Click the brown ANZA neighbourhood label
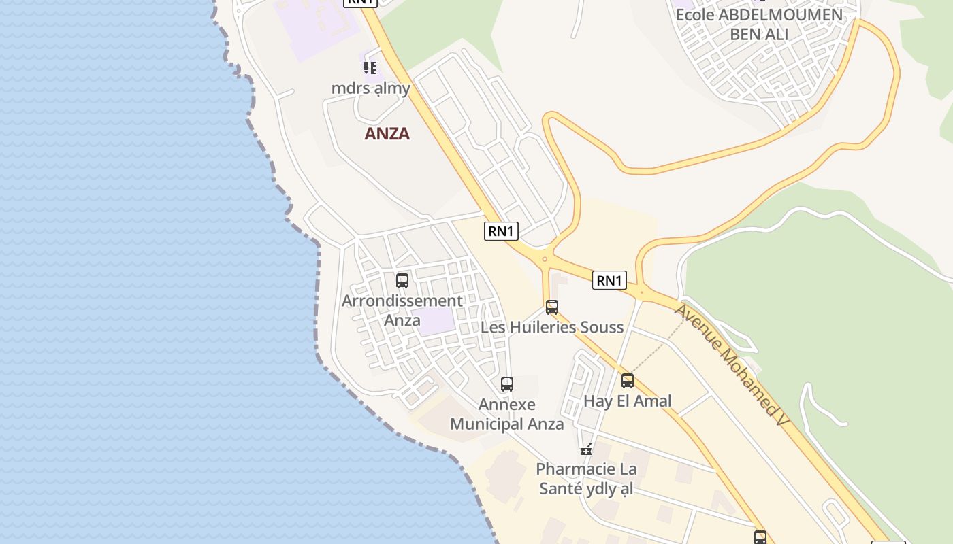[387, 133]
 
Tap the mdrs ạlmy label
[371, 88]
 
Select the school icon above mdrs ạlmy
[370, 68]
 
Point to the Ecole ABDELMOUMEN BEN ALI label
[758, 24]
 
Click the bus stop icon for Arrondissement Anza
[402, 280]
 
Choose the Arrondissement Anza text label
[402, 309]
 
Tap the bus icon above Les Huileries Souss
[552, 307]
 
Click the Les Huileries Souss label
[552, 327]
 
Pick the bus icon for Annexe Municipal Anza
[507, 384]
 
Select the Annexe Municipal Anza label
[507, 414]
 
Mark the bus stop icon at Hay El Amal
[628, 381]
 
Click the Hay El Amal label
[628, 401]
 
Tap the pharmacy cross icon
[586, 449]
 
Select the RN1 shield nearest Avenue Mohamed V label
[609, 280]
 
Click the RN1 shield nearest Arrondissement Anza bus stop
[501, 231]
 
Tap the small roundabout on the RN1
[545, 259]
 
